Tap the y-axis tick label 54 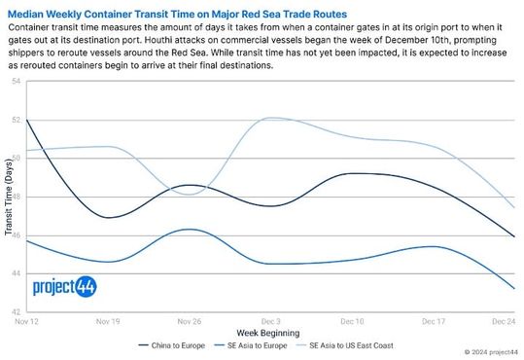[x=17, y=82]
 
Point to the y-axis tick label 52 [x=17, y=120]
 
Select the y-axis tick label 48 [x=17, y=197]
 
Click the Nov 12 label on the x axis [x=27, y=320]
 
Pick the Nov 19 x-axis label [x=108, y=320]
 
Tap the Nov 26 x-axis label [x=190, y=320]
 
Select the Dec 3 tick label [x=271, y=320]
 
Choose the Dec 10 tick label [x=352, y=320]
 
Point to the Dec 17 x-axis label [x=434, y=320]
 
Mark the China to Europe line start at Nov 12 [x=27, y=120]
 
